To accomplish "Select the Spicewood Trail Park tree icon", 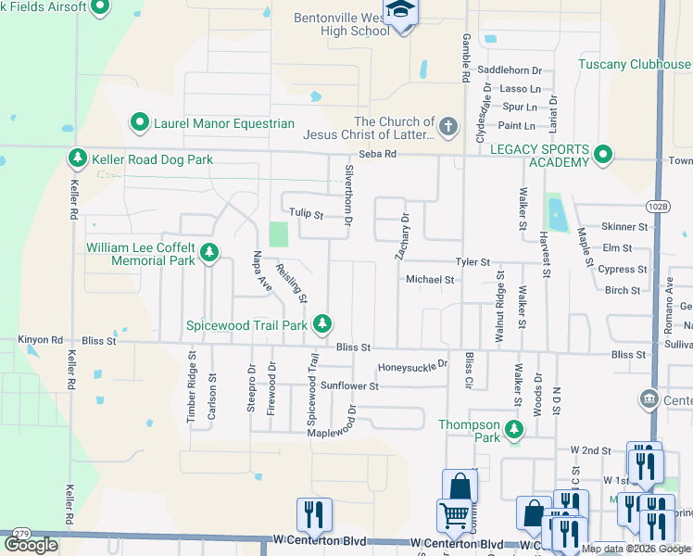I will (x=322, y=324).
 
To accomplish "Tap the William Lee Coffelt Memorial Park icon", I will (x=209, y=252).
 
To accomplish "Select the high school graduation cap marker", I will (x=401, y=13).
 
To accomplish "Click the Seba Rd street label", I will (x=377, y=154).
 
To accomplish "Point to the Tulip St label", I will (x=305, y=214).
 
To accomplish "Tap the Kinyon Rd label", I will (x=40, y=341).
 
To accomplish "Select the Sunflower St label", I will (x=349, y=385).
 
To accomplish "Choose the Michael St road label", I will (x=430, y=279).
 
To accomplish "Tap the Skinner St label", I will (x=624, y=227).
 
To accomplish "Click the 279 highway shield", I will (x=22, y=534).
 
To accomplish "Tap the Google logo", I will (x=31, y=545).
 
